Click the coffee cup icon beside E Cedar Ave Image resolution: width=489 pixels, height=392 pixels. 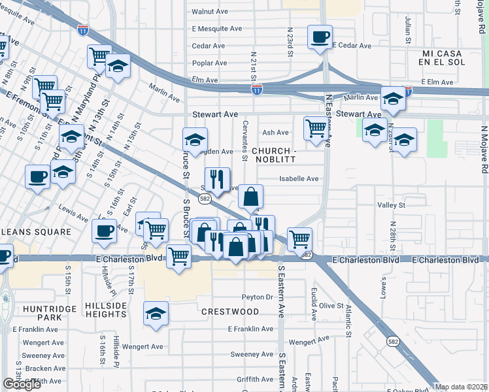point(320,37)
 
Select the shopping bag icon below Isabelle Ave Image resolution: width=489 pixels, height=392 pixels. point(251,196)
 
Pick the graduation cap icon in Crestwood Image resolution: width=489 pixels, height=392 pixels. point(156,314)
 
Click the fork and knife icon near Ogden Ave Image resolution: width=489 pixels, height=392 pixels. point(217,178)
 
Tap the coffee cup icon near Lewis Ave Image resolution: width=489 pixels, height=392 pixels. point(104,231)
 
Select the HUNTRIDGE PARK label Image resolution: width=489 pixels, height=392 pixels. point(42,312)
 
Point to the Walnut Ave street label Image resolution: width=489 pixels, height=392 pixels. point(209,12)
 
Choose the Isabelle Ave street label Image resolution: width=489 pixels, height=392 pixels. point(299,178)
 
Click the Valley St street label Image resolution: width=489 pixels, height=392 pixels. point(392,205)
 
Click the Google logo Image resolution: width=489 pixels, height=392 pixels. point(22,384)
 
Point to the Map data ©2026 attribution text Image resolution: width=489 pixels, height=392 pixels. point(462,387)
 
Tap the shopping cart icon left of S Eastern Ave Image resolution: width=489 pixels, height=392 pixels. point(299,239)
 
